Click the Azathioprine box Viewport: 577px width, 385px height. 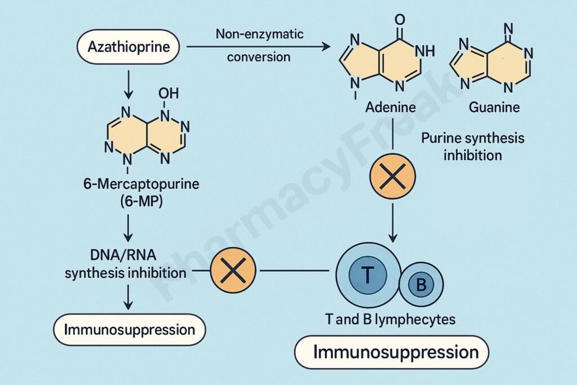click(128, 47)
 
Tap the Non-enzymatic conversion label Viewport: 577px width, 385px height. click(259, 46)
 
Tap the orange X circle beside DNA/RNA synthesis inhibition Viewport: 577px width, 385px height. click(232, 272)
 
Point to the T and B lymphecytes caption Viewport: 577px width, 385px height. click(390, 320)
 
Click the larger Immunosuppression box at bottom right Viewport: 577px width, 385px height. click(392, 353)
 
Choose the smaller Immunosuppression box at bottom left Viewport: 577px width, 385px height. click(130, 329)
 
